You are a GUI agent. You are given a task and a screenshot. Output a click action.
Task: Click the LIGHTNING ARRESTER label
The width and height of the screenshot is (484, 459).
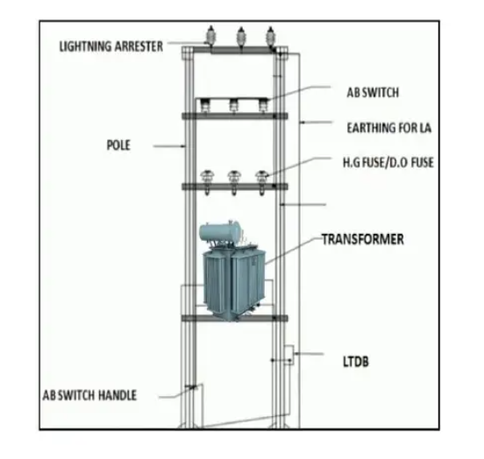click(x=110, y=46)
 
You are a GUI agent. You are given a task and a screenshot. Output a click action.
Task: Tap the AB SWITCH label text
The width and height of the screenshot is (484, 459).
click(x=373, y=92)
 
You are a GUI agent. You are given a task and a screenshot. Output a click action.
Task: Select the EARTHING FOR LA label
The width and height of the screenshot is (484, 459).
click(x=389, y=128)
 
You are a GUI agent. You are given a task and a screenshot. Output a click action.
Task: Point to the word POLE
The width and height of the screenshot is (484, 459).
click(x=118, y=145)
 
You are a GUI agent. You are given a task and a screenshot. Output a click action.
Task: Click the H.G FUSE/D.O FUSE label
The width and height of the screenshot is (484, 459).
click(x=388, y=162)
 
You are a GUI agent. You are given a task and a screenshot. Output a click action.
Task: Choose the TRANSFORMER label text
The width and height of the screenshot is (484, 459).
click(x=363, y=239)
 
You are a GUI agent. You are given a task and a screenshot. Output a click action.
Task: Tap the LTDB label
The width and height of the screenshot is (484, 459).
click(x=356, y=362)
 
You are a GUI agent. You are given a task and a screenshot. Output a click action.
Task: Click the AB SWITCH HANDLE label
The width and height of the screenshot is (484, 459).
click(x=89, y=395)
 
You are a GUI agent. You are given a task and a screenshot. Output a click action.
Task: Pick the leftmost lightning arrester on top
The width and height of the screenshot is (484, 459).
click(x=210, y=37)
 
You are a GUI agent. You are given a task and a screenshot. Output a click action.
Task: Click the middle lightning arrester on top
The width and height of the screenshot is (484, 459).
click(x=241, y=38)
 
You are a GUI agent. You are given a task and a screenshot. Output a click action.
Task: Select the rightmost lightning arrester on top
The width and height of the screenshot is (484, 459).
click(x=271, y=38)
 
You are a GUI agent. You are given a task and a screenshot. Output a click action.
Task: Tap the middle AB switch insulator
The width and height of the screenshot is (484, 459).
click(x=233, y=105)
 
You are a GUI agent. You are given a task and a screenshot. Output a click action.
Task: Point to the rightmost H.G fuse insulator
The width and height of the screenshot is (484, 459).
click(x=261, y=182)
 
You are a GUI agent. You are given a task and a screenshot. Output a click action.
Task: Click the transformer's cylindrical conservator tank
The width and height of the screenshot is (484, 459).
click(x=220, y=231)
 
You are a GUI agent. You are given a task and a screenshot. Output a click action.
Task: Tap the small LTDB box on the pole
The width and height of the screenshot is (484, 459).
click(x=288, y=355)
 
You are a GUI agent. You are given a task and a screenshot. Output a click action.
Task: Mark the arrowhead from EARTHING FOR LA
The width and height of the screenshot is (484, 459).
click(x=302, y=123)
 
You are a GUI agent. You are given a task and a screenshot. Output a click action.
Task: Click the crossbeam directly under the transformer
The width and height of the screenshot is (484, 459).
click(x=235, y=318)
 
